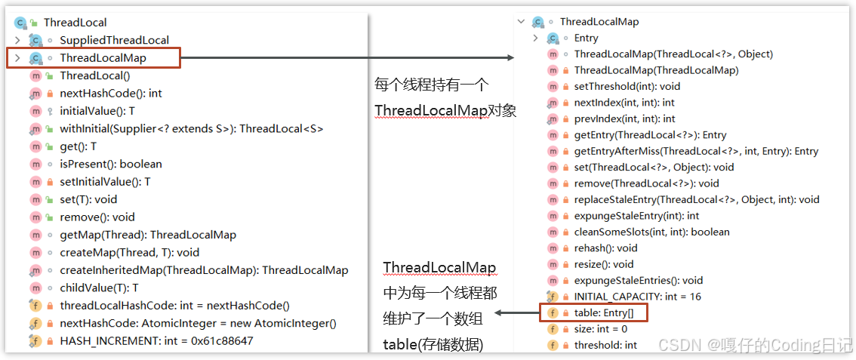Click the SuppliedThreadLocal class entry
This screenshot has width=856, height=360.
pyautogui.click(x=114, y=40)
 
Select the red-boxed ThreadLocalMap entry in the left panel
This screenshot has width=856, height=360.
pyautogui.click(x=103, y=58)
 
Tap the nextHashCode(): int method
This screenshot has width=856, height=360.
pyautogui.click(x=110, y=94)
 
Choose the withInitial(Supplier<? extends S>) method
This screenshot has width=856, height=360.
pyautogui.click(x=191, y=129)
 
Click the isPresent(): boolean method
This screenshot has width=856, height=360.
pyautogui.click(x=110, y=164)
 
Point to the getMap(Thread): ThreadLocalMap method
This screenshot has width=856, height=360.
pyautogui.click(x=147, y=235)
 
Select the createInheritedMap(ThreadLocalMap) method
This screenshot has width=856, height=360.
pyautogui.click(x=204, y=270)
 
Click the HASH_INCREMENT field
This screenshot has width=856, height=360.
pyautogui.click(x=156, y=341)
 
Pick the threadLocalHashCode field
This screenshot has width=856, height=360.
pyautogui.click(x=174, y=306)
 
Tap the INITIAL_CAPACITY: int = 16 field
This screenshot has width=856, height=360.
pyautogui.click(x=637, y=297)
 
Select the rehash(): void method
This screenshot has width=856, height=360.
pyautogui.click(x=605, y=248)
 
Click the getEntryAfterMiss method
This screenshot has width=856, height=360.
pyautogui.click(x=696, y=151)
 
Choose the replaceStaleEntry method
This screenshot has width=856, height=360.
pyautogui.click(x=696, y=199)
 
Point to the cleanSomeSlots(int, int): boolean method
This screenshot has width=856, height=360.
pyautogui.click(x=651, y=232)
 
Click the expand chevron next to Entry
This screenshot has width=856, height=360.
pyautogui.click(x=535, y=38)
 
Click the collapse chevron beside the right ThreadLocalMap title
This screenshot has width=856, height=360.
pyautogui.click(x=521, y=22)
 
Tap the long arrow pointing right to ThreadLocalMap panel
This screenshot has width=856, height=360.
pyautogui.click(x=347, y=58)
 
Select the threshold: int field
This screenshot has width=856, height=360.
pyautogui.click(x=605, y=345)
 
